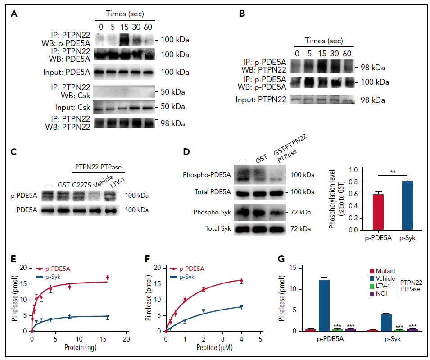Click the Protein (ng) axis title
(79, 349)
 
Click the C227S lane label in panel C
(79, 185)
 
